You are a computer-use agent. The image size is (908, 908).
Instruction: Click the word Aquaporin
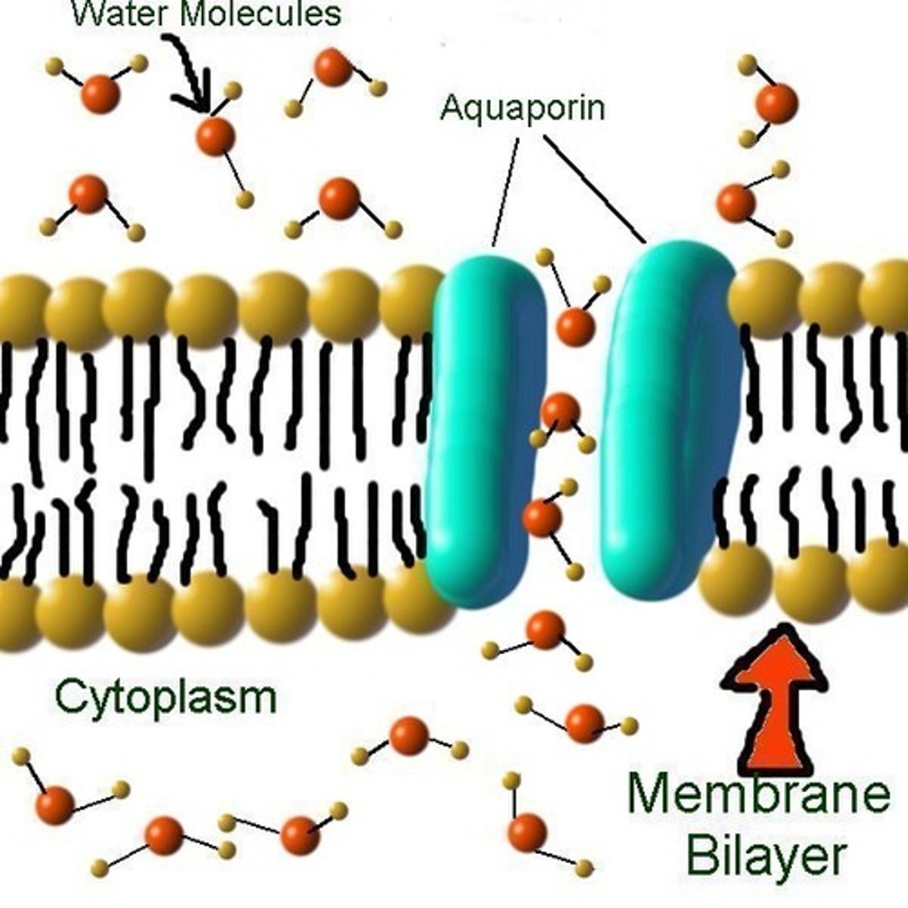[x=523, y=107]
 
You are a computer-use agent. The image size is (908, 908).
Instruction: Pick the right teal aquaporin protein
[x=666, y=424]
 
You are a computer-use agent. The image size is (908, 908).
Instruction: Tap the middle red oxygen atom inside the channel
[x=561, y=412]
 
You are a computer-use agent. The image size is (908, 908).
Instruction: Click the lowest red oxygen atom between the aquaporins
[x=543, y=518]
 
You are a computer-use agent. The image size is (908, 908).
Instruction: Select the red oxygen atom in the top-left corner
[x=100, y=95]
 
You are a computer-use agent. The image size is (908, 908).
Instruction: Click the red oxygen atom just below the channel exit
[x=545, y=630]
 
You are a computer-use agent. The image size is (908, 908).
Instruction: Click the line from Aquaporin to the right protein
[x=594, y=189]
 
